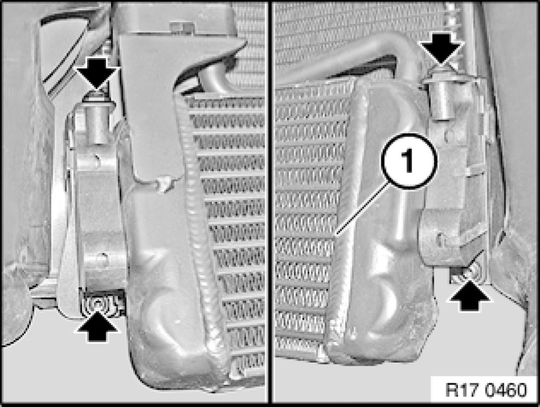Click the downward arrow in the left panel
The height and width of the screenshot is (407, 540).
pyautogui.click(x=97, y=74)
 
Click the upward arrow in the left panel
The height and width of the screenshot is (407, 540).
pyautogui.click(x=98, y=325)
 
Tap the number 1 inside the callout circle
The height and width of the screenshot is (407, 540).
pyautogui.click(x=409, y=161)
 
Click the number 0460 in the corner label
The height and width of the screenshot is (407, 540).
pyautogui.click(x=506, y=390)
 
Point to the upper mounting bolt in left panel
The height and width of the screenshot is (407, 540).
pyautogui.click(x=98, y=96)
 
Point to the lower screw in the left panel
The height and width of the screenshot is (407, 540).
pyautogui.click(x=98, y=304)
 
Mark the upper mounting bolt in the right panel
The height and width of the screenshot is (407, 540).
pyautogui.click(x=442, y=74)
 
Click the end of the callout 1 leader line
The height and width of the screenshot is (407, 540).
pyautogui.click(x=336, y=236)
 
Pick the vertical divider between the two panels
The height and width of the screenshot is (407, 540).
pyautogui.click(x=270, y=203)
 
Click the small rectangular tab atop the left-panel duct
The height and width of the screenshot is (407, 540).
pyautogui.click(x=181, y=27)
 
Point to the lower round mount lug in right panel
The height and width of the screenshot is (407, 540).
pyautogui.click(x=439, y=238)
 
